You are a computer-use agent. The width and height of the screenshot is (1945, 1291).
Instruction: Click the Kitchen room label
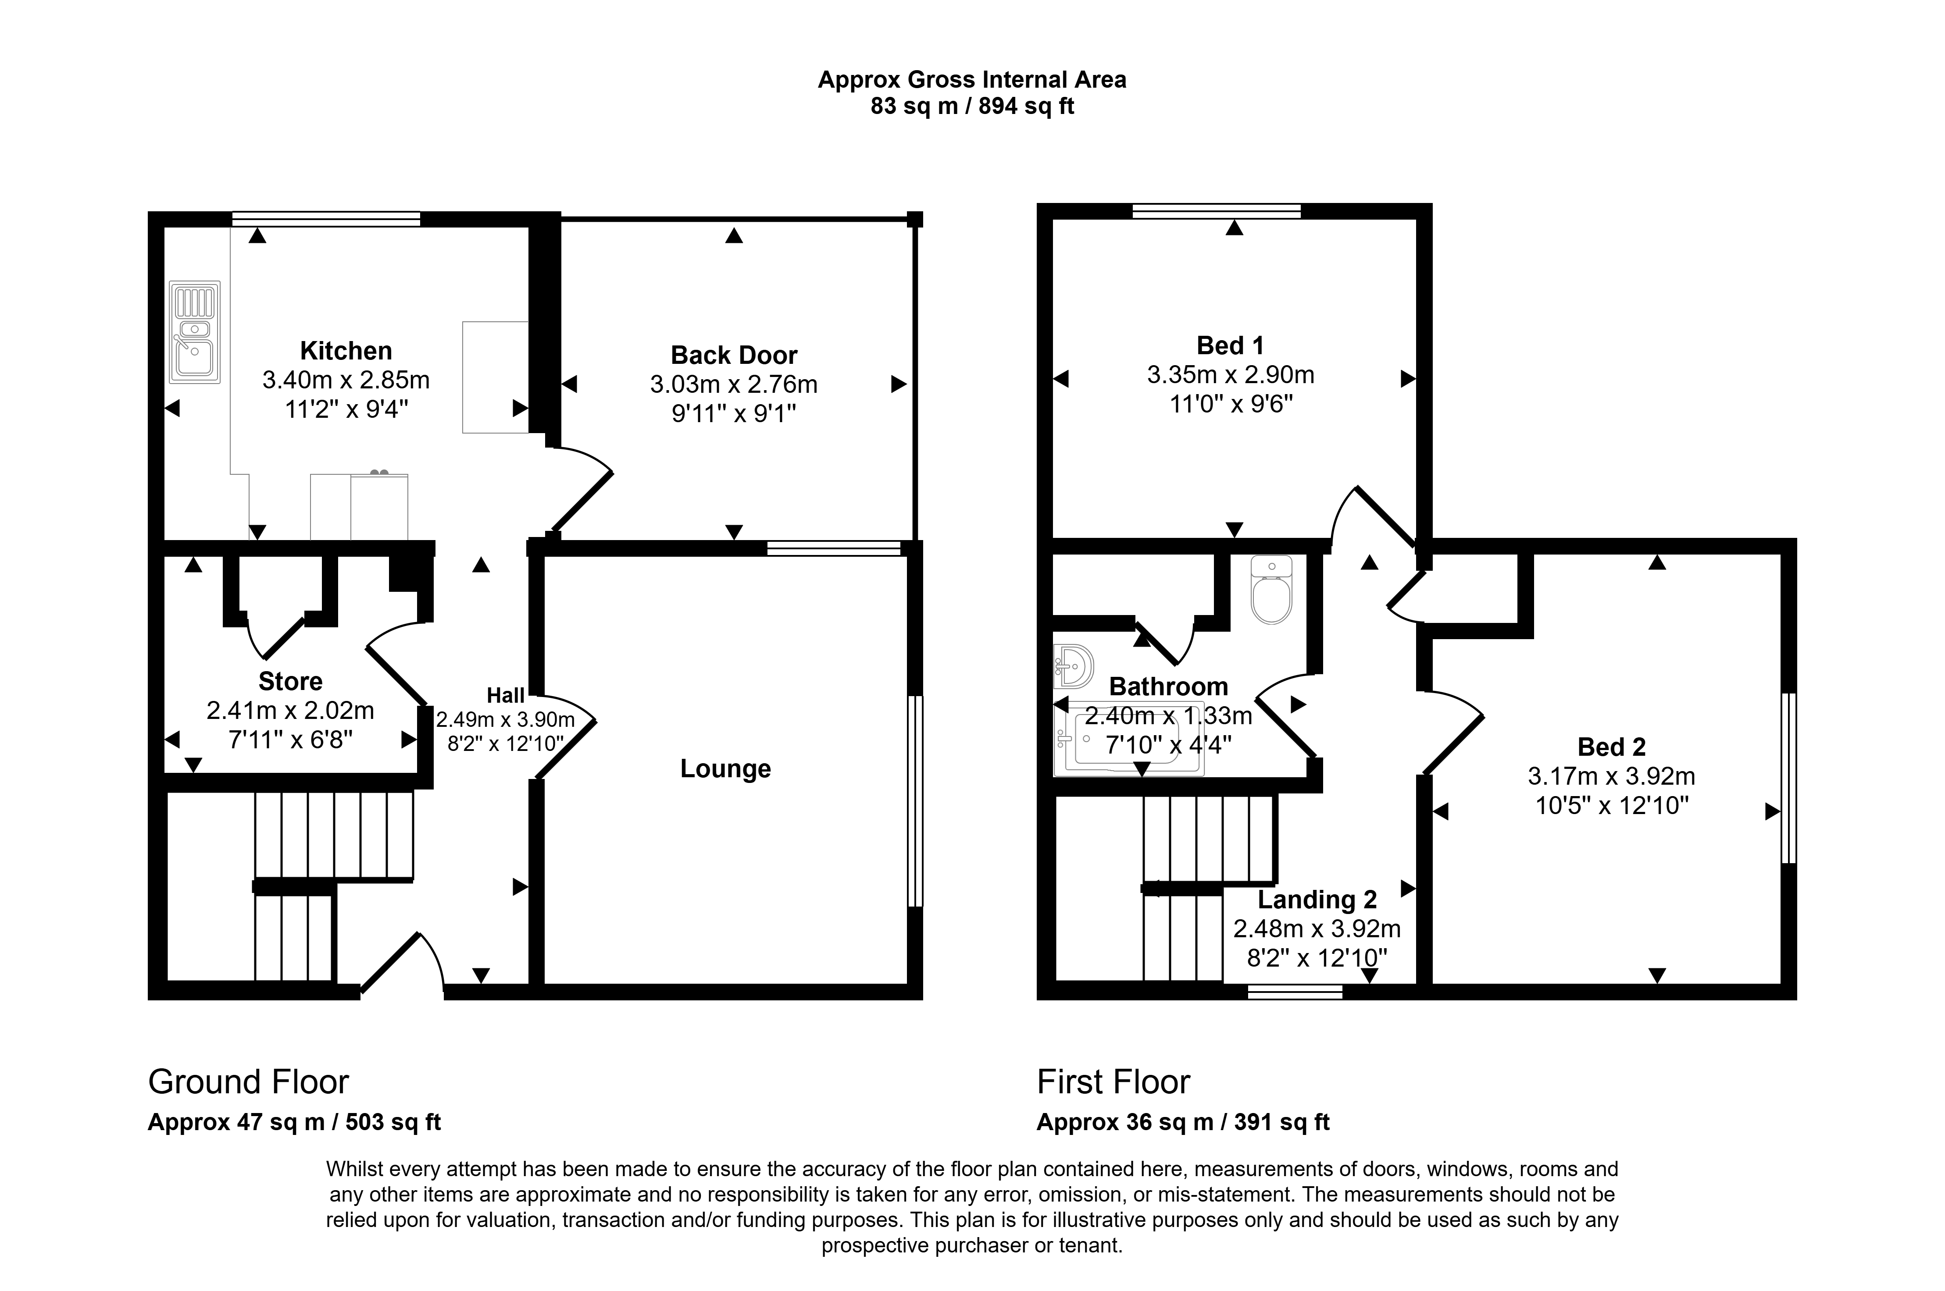pyautogui.click(x=346, y=351)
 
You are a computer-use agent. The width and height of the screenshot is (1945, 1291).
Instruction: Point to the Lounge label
pyautogui.click(x=725, y=769)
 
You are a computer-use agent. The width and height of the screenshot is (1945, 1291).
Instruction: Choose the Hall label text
pyautogui.click(x=506, y=696)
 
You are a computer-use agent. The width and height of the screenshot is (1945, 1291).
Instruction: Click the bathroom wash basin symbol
pyautogui.click(x=1074, y=665)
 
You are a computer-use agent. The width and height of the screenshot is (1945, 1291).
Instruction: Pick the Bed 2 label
pyautogui.click(x=1612, y=747)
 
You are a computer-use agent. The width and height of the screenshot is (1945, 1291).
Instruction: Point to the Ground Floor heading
pyautogui.click(x=249, y=1082)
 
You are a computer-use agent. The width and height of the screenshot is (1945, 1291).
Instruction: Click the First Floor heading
pyautogui.click(x=1113, y=1082)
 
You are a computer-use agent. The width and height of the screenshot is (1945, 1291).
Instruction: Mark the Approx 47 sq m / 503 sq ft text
pyautogui.click(x=294, y=1122)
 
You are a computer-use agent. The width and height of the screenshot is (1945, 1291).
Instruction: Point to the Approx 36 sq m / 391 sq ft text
pyautogui.click(x=1183, y=1122)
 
